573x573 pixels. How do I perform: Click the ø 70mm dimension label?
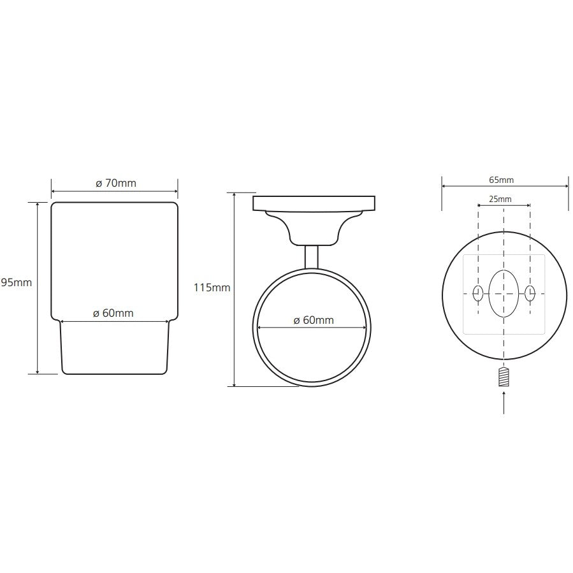tap(116, 183)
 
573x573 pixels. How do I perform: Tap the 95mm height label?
tap(16, 282)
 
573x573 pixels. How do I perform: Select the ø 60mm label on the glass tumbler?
tap(113, 313)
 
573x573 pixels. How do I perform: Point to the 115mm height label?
tap(212, 287)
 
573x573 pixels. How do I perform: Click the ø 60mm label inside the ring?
tap(314, 320)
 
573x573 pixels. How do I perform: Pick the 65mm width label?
tap(502, 180)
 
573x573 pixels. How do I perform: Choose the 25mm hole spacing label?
tap(500, 199)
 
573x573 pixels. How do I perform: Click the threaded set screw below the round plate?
tap(504, 377)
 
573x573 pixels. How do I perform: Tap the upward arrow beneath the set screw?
tap(504, 403)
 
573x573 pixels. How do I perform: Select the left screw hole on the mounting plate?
tap(478, 293)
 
